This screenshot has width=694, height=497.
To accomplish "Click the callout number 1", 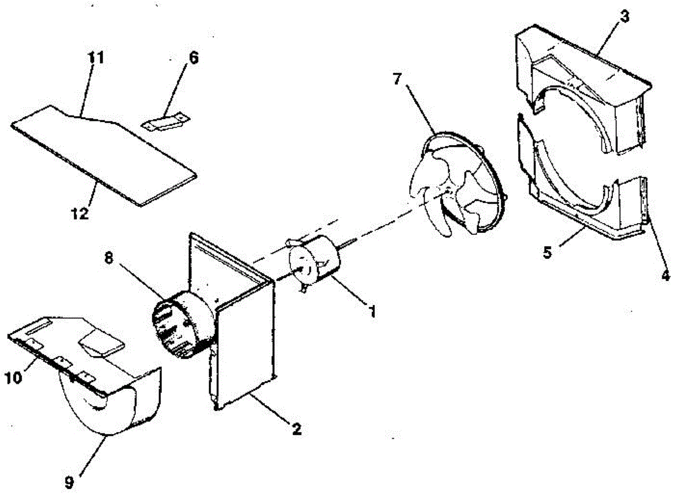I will pos(372,311).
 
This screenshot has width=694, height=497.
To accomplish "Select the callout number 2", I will pos(296,429).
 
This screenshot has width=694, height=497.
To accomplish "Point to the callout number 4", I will pos(665,276).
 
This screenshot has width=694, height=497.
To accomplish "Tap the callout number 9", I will pos(69,481).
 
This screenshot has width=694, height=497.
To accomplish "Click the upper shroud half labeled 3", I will pos(584,87).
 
